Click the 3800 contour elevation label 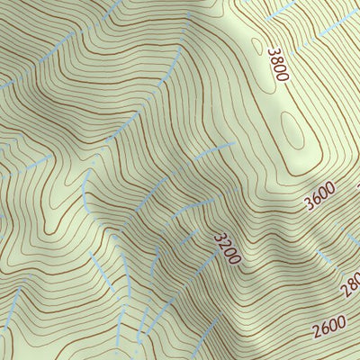pyautogui.click(x=277, y=64)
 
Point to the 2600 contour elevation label pyautogui.click(x=329, y=328)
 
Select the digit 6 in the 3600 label pyautogui.click(x=314, y=198)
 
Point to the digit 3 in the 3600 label pyautogui.click(x=308, y=202)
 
